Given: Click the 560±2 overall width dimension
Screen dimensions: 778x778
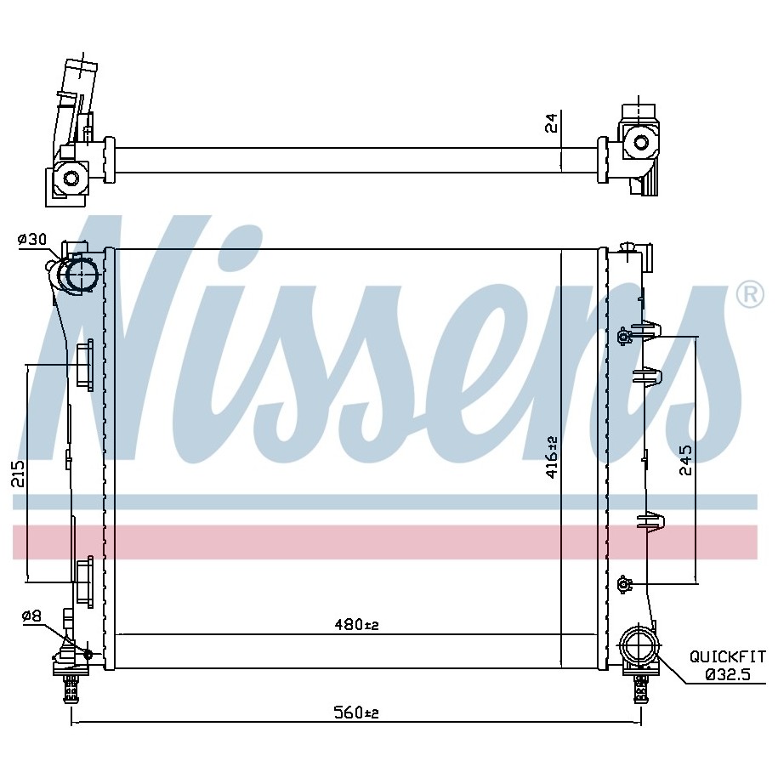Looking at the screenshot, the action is click(355, 713).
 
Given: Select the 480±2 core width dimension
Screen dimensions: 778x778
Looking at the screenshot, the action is click(356, 625).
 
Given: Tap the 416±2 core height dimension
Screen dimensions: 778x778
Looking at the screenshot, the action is click(552, 457).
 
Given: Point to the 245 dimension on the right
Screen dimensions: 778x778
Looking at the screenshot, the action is click(685, 460).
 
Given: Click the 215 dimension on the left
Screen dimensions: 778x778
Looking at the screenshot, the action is click(18, 474).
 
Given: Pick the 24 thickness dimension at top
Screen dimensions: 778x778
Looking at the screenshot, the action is click(551, 122).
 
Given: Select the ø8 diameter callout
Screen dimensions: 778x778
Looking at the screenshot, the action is click(31, 616).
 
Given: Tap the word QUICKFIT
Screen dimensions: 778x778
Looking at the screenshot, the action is click(727, 657).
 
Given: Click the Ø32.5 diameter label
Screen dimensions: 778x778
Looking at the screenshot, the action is click(728, 674).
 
